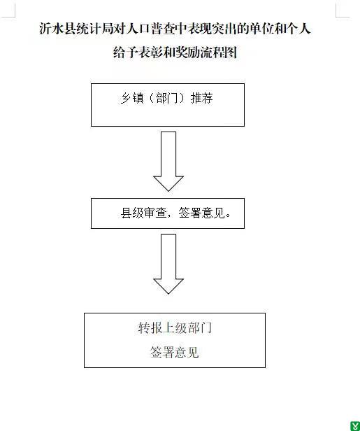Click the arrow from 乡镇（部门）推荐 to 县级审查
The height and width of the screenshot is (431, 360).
[168, 162]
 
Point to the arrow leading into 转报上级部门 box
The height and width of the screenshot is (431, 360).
[168, 264]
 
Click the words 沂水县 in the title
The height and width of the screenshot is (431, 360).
[57, 29]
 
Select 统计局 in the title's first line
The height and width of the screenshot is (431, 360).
[95, 29]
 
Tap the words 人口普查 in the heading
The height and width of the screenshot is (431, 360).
[151, 29]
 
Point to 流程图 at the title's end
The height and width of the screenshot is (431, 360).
[219, 52]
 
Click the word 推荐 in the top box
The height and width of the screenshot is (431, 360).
[202, 98]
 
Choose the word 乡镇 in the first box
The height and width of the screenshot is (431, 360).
[132, 98]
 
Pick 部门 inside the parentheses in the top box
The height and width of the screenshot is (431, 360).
[167, 98]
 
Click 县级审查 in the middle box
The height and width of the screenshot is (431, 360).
[143, 213]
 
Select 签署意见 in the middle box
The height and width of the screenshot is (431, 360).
[202, 213]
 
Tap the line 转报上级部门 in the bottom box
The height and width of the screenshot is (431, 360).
[175, 327]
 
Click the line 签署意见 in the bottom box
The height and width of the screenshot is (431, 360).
[174, 352]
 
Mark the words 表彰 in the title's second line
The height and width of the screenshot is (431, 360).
[150, 52]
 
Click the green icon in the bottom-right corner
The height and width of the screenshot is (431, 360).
[355, 426]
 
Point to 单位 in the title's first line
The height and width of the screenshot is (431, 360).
[262, 29]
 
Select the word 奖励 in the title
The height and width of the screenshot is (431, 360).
[187, 52]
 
